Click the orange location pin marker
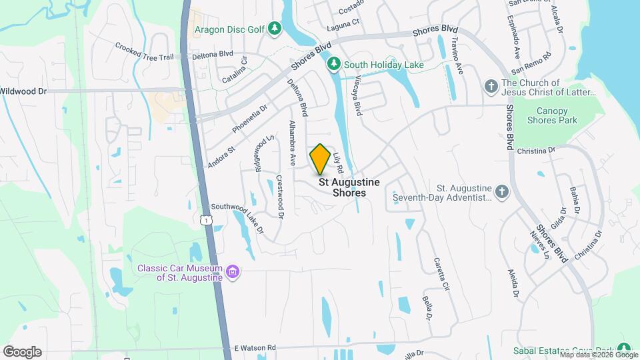(x=320, y=159)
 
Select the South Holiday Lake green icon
(x=334, y=65)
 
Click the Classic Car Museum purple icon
(x=233, y=271)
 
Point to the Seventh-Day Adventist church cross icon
(x=503, y=193)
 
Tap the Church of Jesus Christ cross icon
(x=491, y=86)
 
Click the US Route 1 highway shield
(x=208, y=219)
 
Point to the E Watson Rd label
(x=255, y=348)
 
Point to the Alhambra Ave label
(x=292, y=143)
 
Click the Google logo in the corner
(x=22, y=352)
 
